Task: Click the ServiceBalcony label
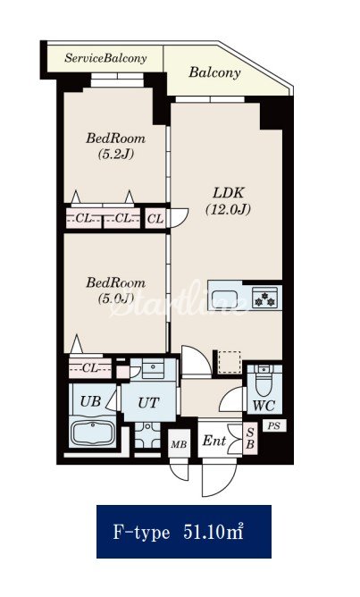(x=105, y=58)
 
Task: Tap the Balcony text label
(x=214, y=72)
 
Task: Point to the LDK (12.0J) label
(x=229, y=201)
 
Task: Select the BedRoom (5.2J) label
(x=116, y=146)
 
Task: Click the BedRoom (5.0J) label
(x=116, y=290)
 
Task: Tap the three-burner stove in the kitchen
(x=264, y=298)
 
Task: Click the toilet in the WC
(x=264, y=381)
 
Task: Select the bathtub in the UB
(x=93, y=433)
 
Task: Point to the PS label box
(x=274, y=425)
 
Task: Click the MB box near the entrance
(x=179, y=443)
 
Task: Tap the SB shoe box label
(x=250, y=439)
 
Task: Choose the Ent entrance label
(x=214, y=441)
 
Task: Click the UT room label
(x=148, y=403)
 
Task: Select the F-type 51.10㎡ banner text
(x=179, y=532)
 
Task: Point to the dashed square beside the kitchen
(x=230, y=362)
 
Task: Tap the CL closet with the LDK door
(x=155, y=219)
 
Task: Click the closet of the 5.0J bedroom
(x=90, y=368)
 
